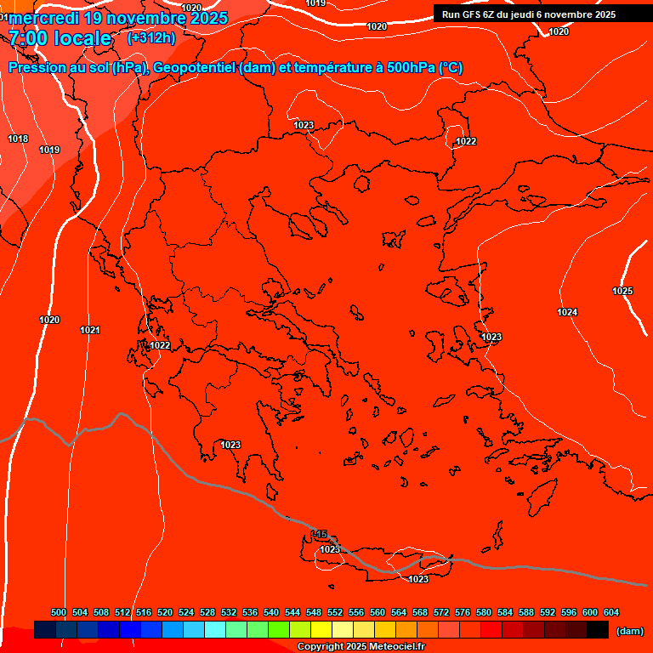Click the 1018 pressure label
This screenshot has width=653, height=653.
(x=18, y=139)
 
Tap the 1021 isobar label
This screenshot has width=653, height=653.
(x=90, y=330)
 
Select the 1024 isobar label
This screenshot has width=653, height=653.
(x=567, y=312)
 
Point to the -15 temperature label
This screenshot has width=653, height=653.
(x=319, y=534)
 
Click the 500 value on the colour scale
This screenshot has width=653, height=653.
(x=59, y=612)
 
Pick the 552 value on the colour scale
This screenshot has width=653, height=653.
(x=335, y=612)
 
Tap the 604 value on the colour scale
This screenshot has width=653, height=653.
(x=611, y=612)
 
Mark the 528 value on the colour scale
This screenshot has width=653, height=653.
(x=207, y=612)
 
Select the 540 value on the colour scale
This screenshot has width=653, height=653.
(x=271, y=612)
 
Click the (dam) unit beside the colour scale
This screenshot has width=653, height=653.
(x=629, y=631)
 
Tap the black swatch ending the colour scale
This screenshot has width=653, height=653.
(x=598, y=630)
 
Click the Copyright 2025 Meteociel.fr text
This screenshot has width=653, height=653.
(x=361, y=647)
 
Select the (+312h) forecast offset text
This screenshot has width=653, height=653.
(x=151, y=37)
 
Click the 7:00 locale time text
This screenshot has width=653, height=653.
(x=60, y=38)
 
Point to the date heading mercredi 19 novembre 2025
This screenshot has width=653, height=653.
(x=118, y=18)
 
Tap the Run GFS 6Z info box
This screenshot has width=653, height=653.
(x=529, y=14)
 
